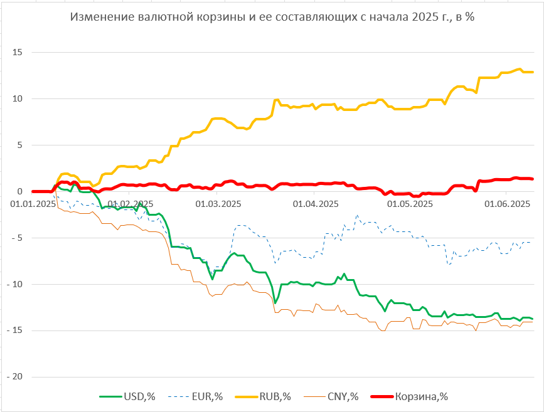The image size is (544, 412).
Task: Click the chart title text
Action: tap(272, 17)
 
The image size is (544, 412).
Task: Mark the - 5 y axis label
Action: tap(16, 238)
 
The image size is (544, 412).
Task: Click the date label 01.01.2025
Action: tap(33, 204)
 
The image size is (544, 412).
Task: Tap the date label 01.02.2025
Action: tap(131, 204)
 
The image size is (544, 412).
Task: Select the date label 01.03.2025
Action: tap(218, 204)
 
